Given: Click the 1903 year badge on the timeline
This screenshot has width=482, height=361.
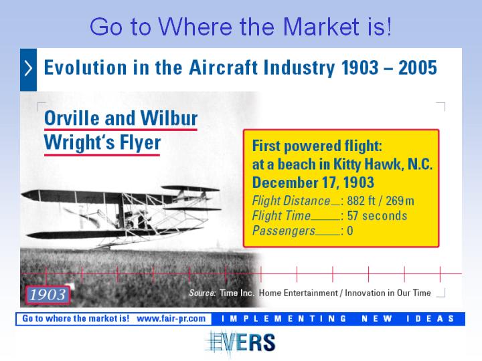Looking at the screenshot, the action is click(48, 295).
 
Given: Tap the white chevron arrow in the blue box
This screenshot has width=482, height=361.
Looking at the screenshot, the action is click(28, 68).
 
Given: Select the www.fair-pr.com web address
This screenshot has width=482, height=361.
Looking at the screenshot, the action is click(171, 318).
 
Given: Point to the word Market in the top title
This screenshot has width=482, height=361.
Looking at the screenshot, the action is click(321, 26).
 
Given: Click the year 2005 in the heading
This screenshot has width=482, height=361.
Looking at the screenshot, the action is click(418, 68).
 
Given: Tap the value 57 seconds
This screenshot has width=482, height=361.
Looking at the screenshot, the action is click(377, 216).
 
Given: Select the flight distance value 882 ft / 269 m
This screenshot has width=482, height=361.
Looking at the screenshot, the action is click(380, 201).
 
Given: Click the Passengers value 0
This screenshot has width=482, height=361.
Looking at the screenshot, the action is click(350, 231).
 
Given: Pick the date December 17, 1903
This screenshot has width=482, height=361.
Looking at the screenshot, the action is click(313, 183).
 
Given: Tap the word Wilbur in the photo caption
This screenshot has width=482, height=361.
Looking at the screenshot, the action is click(169, 118).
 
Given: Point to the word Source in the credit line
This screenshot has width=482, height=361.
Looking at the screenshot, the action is click(202, 293).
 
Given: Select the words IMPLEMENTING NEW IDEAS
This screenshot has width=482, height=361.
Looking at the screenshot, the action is click(337, 319).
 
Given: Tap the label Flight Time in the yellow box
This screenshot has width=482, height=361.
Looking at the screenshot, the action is click(281, 216).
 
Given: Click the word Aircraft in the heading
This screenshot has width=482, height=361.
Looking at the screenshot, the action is click(223, 68).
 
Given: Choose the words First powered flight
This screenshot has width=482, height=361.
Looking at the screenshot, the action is click(317, 146).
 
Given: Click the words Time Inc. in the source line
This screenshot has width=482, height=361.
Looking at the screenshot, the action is click(237, 293).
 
